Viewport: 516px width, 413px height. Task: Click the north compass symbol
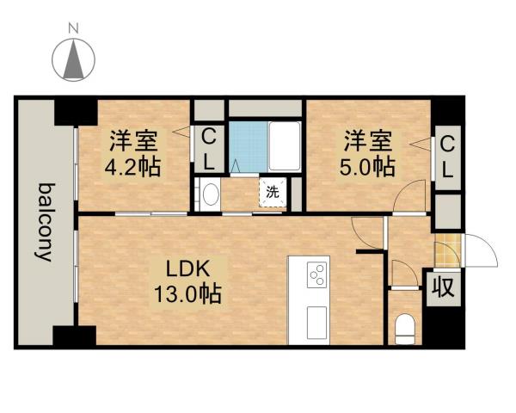tap(74, 59)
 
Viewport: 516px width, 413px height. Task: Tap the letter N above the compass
tap(74, 28)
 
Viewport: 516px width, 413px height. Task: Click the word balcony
tap(45, 222)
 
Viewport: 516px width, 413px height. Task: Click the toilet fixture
tap(403, 328)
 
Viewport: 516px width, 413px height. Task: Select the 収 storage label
tap(443, 285)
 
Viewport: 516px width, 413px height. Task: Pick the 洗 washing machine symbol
tap(272, 193)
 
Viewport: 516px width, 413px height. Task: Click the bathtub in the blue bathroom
tap(285, 146)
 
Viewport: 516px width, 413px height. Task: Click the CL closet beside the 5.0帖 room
tap(447, 155)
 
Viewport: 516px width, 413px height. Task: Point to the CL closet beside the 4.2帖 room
tap(208, 148)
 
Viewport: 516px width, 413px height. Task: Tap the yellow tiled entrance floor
tap(447, 252)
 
